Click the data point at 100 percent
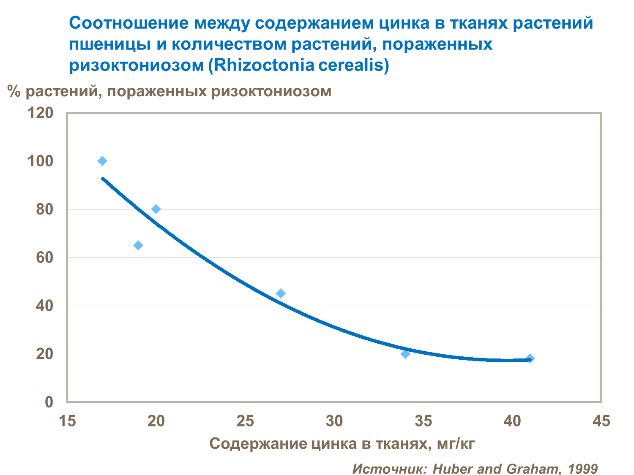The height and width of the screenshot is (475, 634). coord(102,161)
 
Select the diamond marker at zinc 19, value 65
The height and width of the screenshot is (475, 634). coord(138,245)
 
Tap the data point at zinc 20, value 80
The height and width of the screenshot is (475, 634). coord(156,209)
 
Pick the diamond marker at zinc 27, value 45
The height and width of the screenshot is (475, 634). coord(281,293)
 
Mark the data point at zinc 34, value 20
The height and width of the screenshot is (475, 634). coord(405,354)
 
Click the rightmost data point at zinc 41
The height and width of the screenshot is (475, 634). coord(530,358)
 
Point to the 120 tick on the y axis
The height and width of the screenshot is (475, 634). coord(40,113)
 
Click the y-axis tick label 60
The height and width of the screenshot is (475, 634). coord(44,257)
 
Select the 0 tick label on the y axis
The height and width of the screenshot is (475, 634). coord(49,402)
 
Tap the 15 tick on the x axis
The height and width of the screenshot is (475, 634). coord(67,421)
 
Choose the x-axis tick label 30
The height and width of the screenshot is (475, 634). coord(334,421)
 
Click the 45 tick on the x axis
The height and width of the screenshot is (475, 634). coord(601,421)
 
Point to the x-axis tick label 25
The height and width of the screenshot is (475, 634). coord(245,421)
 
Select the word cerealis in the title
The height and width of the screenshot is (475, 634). coord(354,65)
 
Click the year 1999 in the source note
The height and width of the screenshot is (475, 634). coord(583,468)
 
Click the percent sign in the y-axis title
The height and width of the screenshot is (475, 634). coord(14,91)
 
